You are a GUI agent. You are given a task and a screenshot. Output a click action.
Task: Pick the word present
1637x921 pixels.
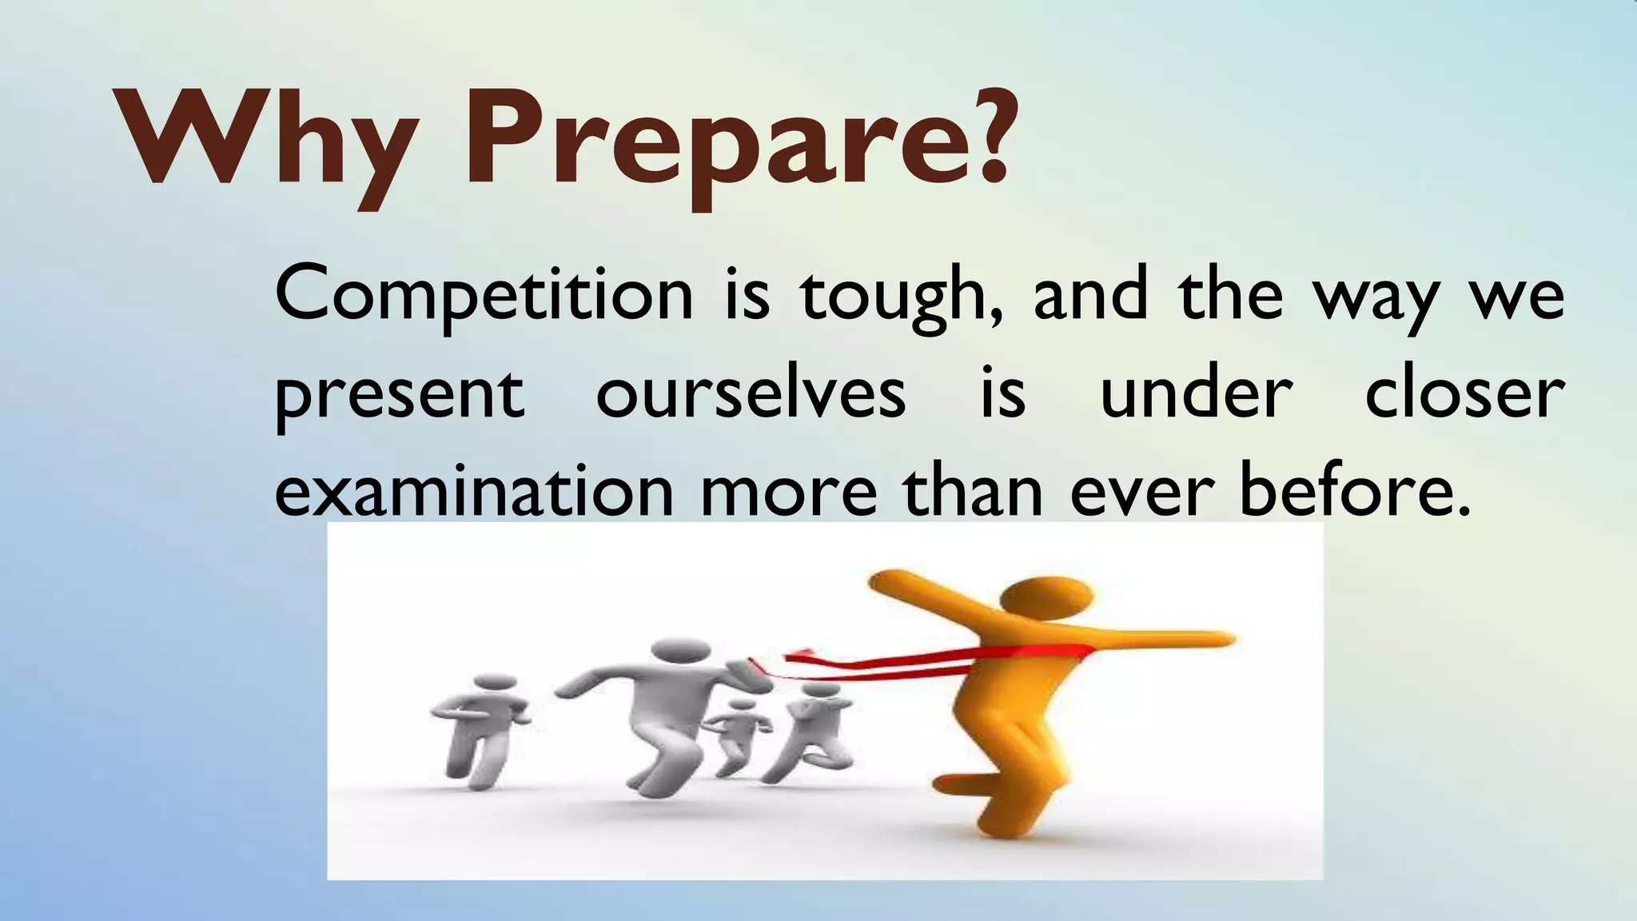[x=400, y=396]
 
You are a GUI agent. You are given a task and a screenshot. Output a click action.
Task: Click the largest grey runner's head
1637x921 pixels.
[x=679, y=652]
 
